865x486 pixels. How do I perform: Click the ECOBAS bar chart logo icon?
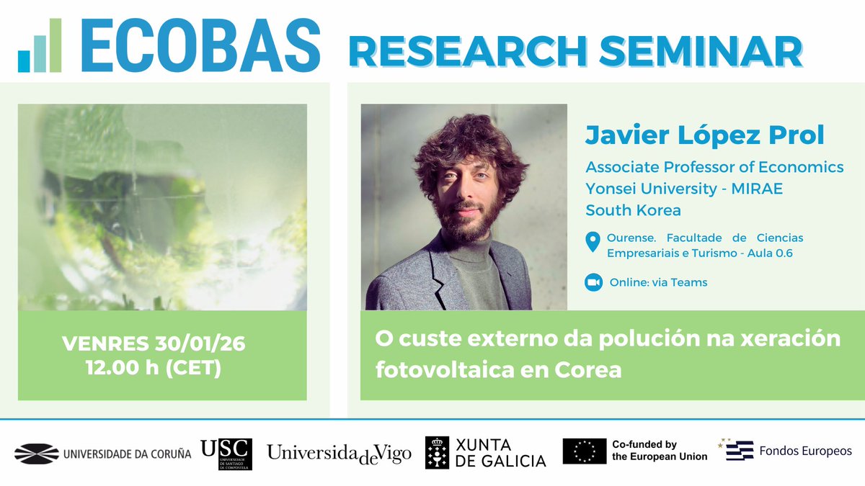click(40, 46)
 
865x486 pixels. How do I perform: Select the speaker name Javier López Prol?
click(704, 135)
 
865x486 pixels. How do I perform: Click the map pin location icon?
click(593, 243)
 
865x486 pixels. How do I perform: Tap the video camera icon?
click(593, 282)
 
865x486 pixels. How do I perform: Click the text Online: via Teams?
click(658, 282)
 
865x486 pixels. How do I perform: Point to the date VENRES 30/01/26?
click(154, 344)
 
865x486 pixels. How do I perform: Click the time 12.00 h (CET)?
click(153, 369)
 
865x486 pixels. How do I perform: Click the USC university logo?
click(226, 454)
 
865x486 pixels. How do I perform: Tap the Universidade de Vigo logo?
click(339, 453)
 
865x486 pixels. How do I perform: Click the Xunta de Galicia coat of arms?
click(437, 453)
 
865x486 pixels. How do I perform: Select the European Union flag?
click(585, 451)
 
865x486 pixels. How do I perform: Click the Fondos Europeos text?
click(805, 451)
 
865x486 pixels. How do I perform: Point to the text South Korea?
click(633, 210)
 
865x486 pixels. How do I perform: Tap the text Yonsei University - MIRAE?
click(684, 189)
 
